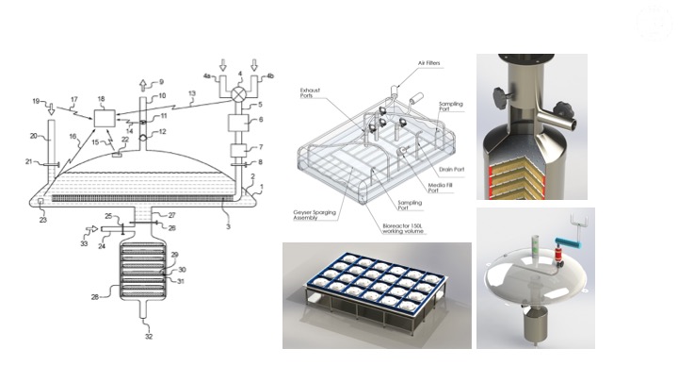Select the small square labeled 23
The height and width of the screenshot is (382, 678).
(x=40, y=201)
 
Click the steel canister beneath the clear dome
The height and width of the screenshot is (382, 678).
(x=534, y=324)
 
